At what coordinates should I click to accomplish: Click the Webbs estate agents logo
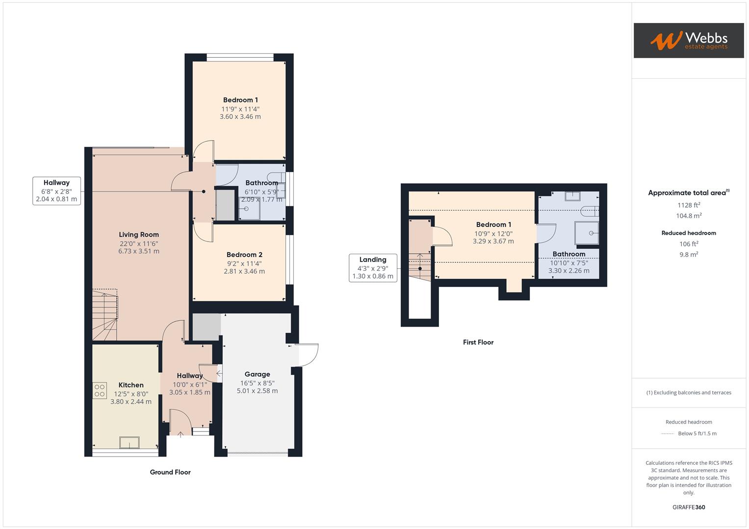tap(688, 41)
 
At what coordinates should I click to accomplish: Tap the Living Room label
tap(139, 235)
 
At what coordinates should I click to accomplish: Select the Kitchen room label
tap(131, 385)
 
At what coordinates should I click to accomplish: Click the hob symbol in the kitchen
tap(100, 390)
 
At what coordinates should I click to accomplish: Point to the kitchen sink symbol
tap(129, 442)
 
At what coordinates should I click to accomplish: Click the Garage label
tap(257, 374)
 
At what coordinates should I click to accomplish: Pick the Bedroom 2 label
tap(244, 255)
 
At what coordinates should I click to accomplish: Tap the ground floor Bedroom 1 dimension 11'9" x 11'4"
tap(240, 109)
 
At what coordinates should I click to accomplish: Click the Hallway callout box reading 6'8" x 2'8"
tap(56, 191)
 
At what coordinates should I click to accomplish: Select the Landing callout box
tap(373, 268)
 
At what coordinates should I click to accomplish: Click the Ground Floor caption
tap(170, 472)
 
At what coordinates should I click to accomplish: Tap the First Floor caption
tap(478, 342)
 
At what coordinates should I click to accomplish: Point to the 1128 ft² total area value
tap(689, 205)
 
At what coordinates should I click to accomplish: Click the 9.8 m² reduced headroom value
tap(689, 254)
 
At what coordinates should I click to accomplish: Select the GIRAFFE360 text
tap(689, 507)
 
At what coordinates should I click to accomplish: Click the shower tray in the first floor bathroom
tap(587, 233)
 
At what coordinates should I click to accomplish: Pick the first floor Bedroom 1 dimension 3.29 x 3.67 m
tap(493, 241)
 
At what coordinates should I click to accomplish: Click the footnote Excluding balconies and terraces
tap(689, 392)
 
